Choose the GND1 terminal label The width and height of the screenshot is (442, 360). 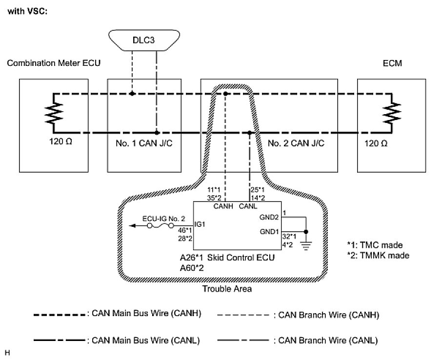[x=270, y=232]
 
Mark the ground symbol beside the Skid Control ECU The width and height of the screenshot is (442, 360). [x=306, y=245]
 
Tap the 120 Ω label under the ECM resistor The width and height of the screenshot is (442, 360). [x=377, y=145]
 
